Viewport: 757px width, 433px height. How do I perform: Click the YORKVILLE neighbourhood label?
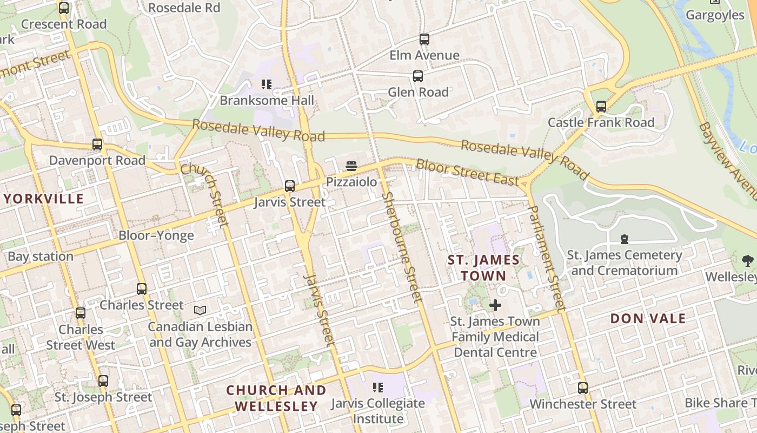point(44,199)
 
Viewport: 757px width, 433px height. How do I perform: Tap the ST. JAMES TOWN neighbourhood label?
point(483,268)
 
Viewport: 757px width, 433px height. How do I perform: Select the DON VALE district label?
point(648,318)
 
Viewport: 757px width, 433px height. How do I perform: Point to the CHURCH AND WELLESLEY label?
point(276,398)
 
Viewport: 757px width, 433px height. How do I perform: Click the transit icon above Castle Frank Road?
point(601,107)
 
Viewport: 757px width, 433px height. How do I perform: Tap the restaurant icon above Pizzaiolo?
point(351,166)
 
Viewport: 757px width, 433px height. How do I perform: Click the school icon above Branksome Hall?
point(266,84)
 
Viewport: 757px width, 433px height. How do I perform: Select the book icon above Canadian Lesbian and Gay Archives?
point(200,311)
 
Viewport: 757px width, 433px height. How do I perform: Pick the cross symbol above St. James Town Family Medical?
point(495,305)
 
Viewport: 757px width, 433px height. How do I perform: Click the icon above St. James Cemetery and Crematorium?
point(625,239)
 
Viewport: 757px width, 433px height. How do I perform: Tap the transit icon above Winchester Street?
point(583,388)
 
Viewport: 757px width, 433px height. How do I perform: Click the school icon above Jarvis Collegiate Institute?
point(378,388)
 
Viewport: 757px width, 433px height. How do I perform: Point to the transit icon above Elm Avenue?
point(424,40)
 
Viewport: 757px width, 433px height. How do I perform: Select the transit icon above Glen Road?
point(418,76)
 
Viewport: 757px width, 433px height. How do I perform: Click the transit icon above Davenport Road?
point(97,145)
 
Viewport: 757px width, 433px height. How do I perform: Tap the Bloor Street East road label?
point(468,173)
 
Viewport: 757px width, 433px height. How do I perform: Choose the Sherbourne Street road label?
point(402,247)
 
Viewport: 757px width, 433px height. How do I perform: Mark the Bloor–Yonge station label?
point(156,235)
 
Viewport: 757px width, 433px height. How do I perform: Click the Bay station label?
point(41,256)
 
